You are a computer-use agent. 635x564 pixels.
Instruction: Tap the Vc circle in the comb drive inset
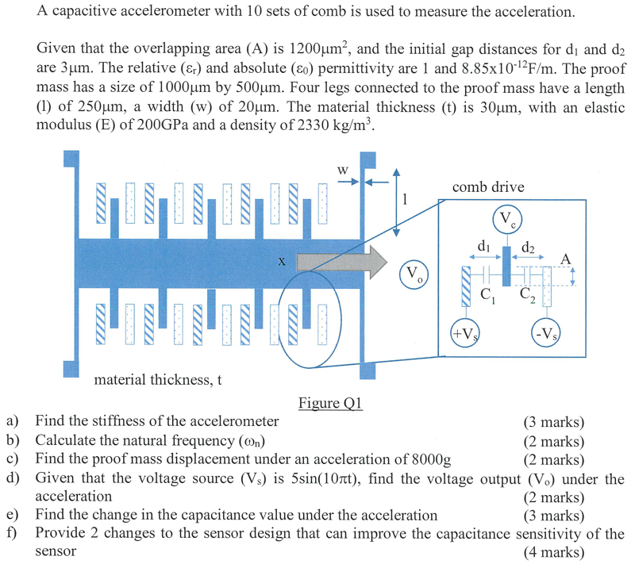tap(507, 219)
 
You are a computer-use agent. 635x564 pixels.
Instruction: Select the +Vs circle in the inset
tap(463, 332)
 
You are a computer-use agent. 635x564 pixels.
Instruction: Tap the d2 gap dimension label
tap(528, 247)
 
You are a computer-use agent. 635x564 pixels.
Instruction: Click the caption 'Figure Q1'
tap(330, 404)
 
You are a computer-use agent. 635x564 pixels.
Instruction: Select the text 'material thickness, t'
tap(157, 379)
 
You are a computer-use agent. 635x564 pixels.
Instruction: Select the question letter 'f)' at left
tap(12, 533)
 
